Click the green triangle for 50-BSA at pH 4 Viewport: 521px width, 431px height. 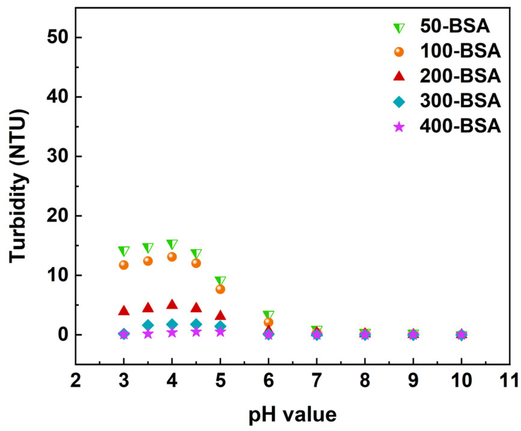172,244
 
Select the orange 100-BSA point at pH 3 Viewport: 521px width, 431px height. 124,265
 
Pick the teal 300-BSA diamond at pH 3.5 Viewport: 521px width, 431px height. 148,325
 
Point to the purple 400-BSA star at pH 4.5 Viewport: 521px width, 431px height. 196,332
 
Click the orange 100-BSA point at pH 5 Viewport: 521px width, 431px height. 220,289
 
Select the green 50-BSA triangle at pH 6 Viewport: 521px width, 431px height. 269,315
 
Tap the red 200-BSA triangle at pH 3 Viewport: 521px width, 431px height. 124,311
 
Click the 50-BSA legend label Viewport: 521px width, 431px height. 454,26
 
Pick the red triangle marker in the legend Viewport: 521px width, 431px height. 399,76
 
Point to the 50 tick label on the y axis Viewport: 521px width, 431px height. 58,38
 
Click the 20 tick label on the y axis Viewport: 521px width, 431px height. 58,216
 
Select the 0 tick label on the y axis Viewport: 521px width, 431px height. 63,335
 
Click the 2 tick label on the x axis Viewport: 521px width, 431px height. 76,381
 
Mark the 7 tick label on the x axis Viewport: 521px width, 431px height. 317,381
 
